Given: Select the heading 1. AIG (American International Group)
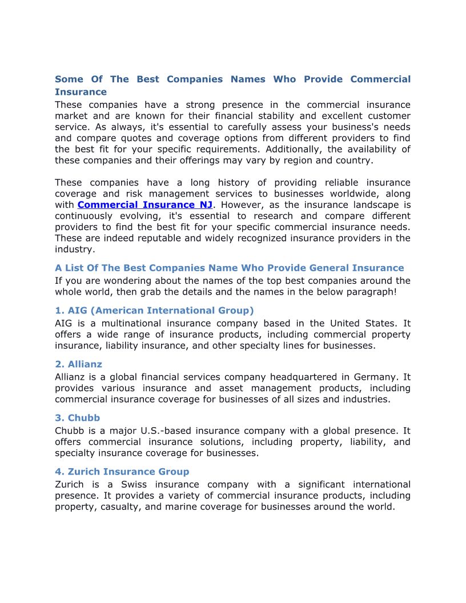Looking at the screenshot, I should pos(154,310).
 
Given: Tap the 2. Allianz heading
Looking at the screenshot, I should pos(78,364).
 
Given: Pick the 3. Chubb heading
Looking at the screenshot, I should pos(77,417).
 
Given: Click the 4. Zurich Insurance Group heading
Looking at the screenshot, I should pos(122,471).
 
